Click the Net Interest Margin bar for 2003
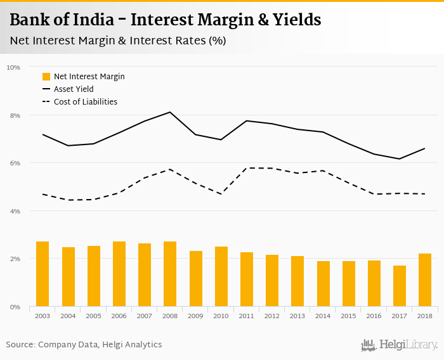(x=42, y=274)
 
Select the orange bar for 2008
(x=170, y=274)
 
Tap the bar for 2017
(x=400, y=286)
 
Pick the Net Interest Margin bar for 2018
(x=425, y=280)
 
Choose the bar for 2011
(x=247, y=280)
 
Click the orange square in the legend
(x=46, y=77)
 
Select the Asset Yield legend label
(x=74, y=89)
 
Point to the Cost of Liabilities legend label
(x=86, y=101)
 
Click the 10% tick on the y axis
(x=13, y=67)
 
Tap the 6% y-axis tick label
(x=15, y=163)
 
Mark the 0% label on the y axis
(x=15, y=307)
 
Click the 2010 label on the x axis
(x=221, y=315)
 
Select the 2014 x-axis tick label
(x=323, y=315)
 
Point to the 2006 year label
(x=119, y=315)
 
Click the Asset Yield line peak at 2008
(x=170, y=112)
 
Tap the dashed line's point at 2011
(x=247, y=168)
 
